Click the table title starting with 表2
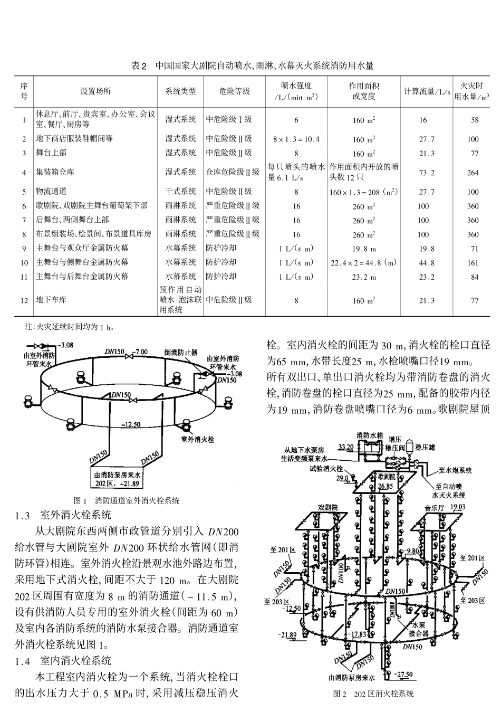[x=252, y=66]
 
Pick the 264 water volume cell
[x=473, y=173]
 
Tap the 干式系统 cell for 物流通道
[x=181, y=192]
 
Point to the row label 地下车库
[x=51, y=300]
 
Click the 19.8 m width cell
[x=364, y=249]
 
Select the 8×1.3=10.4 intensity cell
[x=296, y=139]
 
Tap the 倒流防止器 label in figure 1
[x=181, y=352]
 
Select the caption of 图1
[x=127, y=500]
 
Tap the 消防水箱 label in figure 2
[x=368, y=435]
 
